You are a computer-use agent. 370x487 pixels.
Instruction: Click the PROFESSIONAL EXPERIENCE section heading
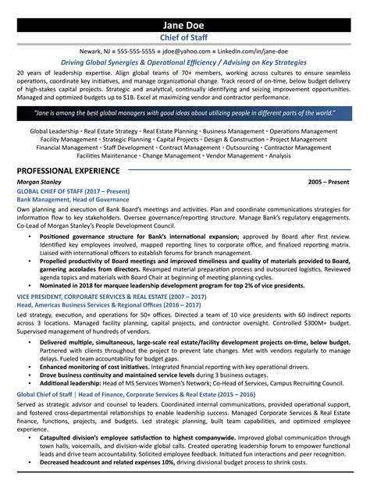tap(70, 170)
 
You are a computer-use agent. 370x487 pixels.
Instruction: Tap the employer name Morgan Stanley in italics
tap(37, 181)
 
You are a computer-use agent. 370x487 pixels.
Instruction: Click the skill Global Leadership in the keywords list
tap(54, 130)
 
